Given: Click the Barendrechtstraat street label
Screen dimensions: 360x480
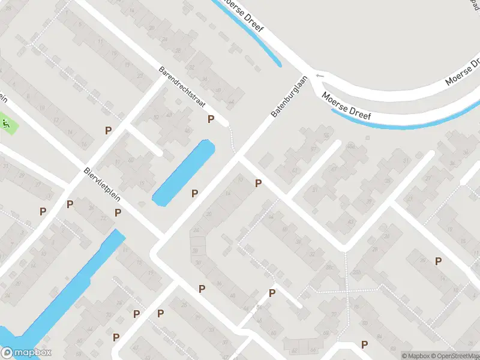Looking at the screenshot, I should (x=182, y=86).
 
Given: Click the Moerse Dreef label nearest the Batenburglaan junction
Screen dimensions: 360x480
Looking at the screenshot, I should (x=346, y=106).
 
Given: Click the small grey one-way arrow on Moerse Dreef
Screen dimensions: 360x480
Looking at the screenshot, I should (x=319, y=76).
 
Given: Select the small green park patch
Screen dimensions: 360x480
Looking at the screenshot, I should (x=7, y=125).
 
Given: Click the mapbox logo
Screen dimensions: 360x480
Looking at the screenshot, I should (x=26, y=353).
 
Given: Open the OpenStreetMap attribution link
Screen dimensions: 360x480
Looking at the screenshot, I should (x=459, y=355).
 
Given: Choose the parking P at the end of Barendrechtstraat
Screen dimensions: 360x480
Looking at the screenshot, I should (x=211, y=119).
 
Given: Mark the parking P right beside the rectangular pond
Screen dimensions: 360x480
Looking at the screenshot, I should (x=194, y=193).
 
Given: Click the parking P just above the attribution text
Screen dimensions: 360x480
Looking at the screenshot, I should (x=364, y=344).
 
